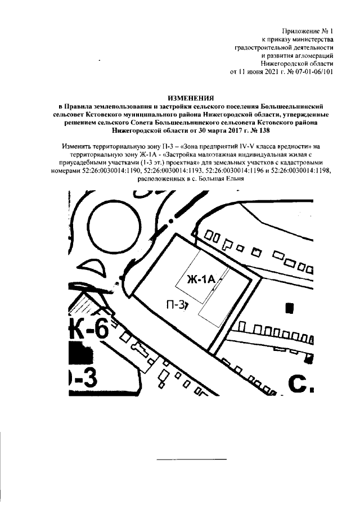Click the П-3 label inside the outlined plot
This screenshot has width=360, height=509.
(x=177, y=304)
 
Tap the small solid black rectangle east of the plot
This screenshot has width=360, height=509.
(x=290, y=308)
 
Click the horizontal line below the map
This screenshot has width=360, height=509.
(x=191, y=459)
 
